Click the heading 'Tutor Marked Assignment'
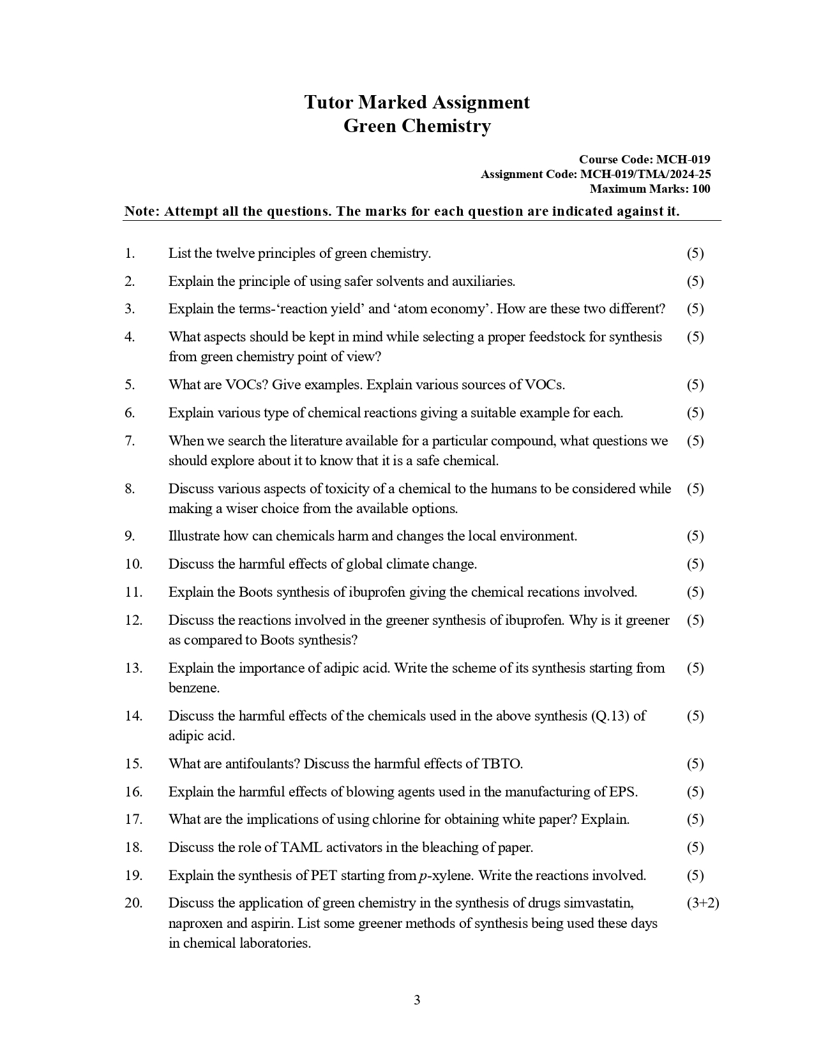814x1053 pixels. click(x=416, y=103)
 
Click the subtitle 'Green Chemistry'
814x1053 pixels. click(x=416, y=126)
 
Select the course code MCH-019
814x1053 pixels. click(x=683, y=160)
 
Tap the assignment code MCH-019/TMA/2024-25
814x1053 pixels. click(x=645, y=174)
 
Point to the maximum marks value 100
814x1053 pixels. click(x=700, y=189)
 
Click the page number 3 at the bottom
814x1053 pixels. click(x=417, y=1000)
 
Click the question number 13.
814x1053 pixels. click(x=133, y=668)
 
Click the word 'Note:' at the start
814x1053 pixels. click(x=142, y=212)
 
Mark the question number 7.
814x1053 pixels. click(x=130, y=441)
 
